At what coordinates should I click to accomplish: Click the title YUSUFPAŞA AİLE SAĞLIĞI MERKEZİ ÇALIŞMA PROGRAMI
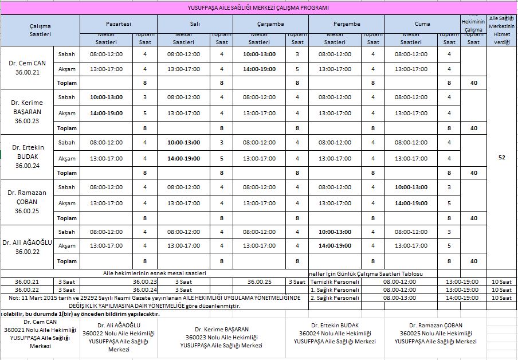click(258, 8)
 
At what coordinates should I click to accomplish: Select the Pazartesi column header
click(119, 24)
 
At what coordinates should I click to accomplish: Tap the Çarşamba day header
click(270, 24)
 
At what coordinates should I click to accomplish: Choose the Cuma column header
click(422, 24)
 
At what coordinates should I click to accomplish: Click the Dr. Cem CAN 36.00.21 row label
click(28, 66)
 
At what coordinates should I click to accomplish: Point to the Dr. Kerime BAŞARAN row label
click(28, 112)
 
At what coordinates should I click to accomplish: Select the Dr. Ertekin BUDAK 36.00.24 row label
click(28, 156)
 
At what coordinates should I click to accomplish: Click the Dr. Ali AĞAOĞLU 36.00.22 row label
click(28, 246)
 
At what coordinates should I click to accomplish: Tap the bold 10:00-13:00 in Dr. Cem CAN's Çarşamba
click(259, 54)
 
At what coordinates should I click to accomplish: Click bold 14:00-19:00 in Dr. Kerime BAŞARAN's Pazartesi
click(106, 114)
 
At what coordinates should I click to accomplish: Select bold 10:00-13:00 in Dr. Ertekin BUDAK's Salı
click(183, 142)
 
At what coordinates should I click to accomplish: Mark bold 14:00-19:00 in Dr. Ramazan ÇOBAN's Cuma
click(411, 203)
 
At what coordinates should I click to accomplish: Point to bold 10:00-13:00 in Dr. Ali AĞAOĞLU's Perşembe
click(335, 232)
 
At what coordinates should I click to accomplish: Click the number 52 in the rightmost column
click(502, 157)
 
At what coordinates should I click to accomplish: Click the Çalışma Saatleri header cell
click(40, 30)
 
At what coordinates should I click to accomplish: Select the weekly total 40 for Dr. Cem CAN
click(473, 83)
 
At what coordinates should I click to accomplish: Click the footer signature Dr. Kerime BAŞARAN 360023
click(221, 337)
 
